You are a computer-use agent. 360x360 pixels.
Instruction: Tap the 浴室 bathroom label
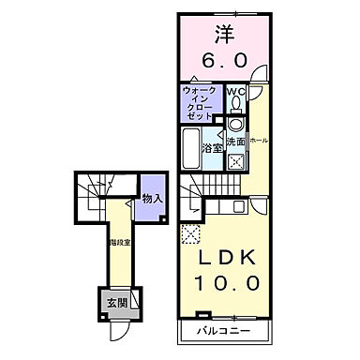click(213, 147)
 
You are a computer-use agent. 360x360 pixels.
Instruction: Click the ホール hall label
click(259, 141)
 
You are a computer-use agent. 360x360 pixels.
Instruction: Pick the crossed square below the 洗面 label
click(236, 161)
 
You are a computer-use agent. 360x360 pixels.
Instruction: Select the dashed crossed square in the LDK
click(191, 235)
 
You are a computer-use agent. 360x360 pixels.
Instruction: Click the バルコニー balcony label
click(222, 332)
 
